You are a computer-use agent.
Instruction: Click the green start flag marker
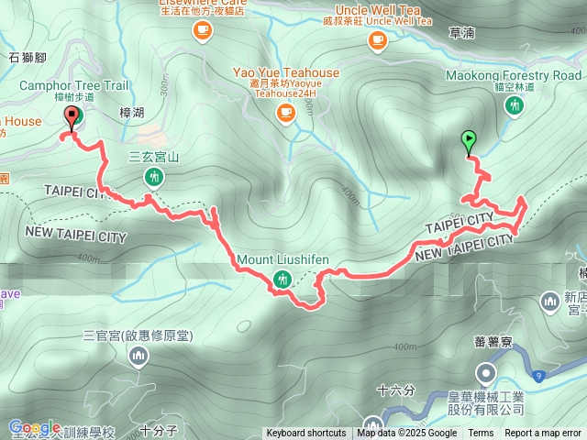coord(470,140)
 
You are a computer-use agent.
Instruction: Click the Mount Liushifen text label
coord(282,259)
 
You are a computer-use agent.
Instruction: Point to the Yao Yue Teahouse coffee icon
coord(286,113)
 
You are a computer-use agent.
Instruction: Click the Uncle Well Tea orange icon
coord(377,40)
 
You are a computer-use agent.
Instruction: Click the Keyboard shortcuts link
coord(306,434)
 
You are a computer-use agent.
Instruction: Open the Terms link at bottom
coord(481,434)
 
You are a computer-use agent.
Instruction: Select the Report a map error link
coord(543,434)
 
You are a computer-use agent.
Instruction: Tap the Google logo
coord(34,427)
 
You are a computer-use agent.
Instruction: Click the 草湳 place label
coord(461,33)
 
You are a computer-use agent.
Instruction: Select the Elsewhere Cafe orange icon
coord(202,31)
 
